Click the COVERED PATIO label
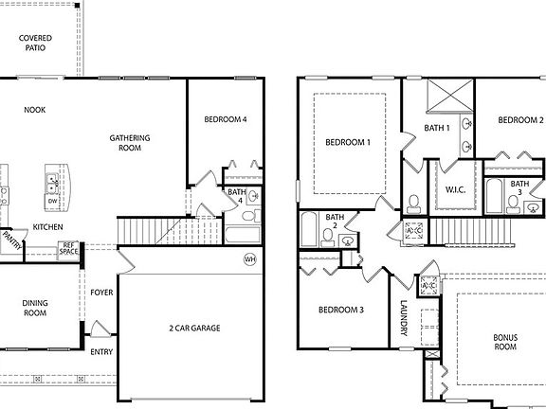pyautogui.click(x=35, y=44)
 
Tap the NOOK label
pyautogui.click(x=35, y=110)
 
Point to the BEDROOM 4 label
pyautogui.click(x=226, y=120)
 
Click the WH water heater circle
pyautogui.click(x=250, y=258)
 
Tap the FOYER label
pyautogui.click(x=101, y=293)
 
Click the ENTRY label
pyautogui.click(x=101, y=352)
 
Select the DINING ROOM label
pyautogui.click(x=35, y=308)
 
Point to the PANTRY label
pyautogui.click(x=12, y=240)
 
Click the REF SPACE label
pyautogui.click(x=69, y=249)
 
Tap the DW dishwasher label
pyautogui.click(x=52, y=201)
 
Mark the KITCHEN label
pyautogui.click(x=48, y=227)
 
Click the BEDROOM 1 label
pyautogui.click(x=348, y=142)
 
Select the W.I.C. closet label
pyautogui.click(x=454, y=189)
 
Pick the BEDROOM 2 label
pyautogui.click(x=520, y=120)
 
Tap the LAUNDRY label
pyautogui.click(x=403, y=320)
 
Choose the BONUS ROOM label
pyautogui.click(x=505, y=342)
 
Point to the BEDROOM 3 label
pyautogui.click(x=340, y=310)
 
